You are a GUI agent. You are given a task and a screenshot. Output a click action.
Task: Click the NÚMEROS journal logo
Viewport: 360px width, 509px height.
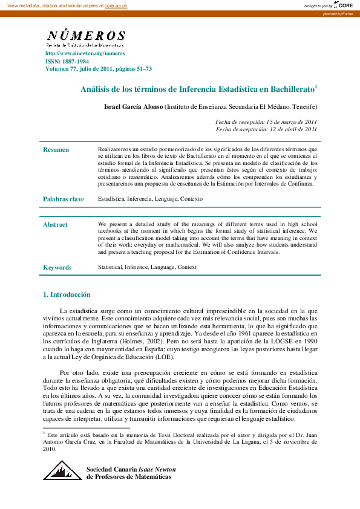pyautogui.click(x=86, y=38)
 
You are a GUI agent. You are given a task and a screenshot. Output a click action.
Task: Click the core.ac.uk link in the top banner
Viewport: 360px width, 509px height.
pyautogui.click(x=116, y=5)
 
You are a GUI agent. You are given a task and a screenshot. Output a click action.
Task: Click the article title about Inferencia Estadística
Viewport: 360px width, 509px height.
pyautogui.click(x=199, y=89)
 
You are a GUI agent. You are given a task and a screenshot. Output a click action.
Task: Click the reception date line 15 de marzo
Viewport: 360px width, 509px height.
pyautogui.click(x=266, y=122)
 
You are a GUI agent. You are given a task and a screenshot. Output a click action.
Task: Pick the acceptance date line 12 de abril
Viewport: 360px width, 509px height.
pyautogui.click(x=266, y=129)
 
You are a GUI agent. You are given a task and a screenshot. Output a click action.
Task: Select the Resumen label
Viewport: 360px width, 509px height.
pyautogui.click(x=56, y=149)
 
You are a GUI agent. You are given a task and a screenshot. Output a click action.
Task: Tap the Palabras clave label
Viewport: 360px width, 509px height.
pyautogui.click(x=63, y=199)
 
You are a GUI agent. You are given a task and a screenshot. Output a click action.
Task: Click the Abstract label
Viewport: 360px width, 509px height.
pyautogui.click(x=55, y=225)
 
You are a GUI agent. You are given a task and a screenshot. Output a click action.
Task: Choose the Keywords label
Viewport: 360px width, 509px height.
pyautogui.click(x=57, y=267)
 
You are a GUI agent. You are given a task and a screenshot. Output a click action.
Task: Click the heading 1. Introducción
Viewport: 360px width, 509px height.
pyautogui.click(x=67, y=294)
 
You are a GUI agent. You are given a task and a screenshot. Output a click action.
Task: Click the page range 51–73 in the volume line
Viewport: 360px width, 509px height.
pyautogui.click(x=141, y=69)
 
